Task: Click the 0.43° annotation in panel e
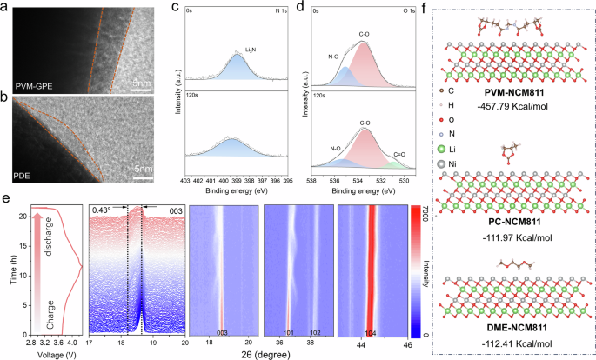[x=103, y=210]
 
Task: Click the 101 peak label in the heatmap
[x=290, y=332]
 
